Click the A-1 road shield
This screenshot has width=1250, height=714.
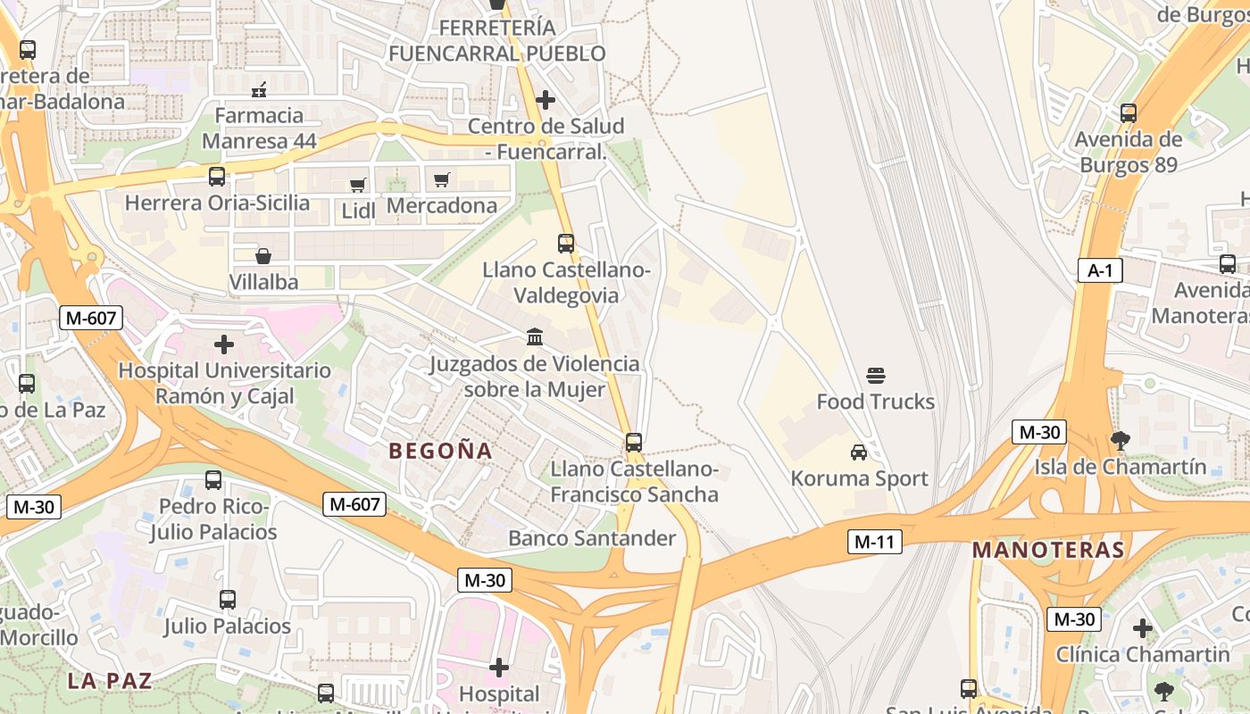pyautogui.click(x=1099, y=270)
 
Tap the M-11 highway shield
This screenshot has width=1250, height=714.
pyautogui.click(x=874, y=541)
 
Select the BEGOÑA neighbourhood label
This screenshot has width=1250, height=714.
pyautogui.click(x=441, y=451)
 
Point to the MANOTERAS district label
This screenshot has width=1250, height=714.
pyautogui.click(x=1048, y=550)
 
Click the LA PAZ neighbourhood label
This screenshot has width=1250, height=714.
pyautogui.click(x=109, y=680)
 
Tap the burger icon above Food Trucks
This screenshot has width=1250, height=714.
pyautogui.click(x=875, y=375)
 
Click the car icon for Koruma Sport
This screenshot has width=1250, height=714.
pyautogui.click(x=859, y=452)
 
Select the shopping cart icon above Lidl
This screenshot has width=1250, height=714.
pyautogui.click(x=358, y=185)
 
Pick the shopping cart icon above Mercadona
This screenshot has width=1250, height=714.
pyautogui.click(x=441, y=180)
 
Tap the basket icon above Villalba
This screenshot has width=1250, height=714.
pyautogui.click(x=263, y=256)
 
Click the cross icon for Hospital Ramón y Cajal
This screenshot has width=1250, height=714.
pyautogui.click(x=224, y=344)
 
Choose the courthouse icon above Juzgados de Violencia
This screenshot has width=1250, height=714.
pyautogui.click(x=535, y=336)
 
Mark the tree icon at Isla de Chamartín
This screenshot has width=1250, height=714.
pyautogui.click(x=1120, y=440)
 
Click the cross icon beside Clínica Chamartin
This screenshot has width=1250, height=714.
pyautogui.click(x=1143, y=628)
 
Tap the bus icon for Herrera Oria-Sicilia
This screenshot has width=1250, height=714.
pyautogui.click(x=217, y=177)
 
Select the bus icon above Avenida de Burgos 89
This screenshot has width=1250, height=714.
pyautogui.click(x=1129, y=113)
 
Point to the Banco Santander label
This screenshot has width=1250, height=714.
pyautogui.click(x=592, y=538)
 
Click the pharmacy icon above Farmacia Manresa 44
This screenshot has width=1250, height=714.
pyautogui.click(x=260, y=89)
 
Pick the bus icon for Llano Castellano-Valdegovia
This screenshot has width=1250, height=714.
pyautogui.click(x=566, y=243)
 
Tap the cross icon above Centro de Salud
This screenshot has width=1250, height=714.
pyautogui.click(x=546, y=99)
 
